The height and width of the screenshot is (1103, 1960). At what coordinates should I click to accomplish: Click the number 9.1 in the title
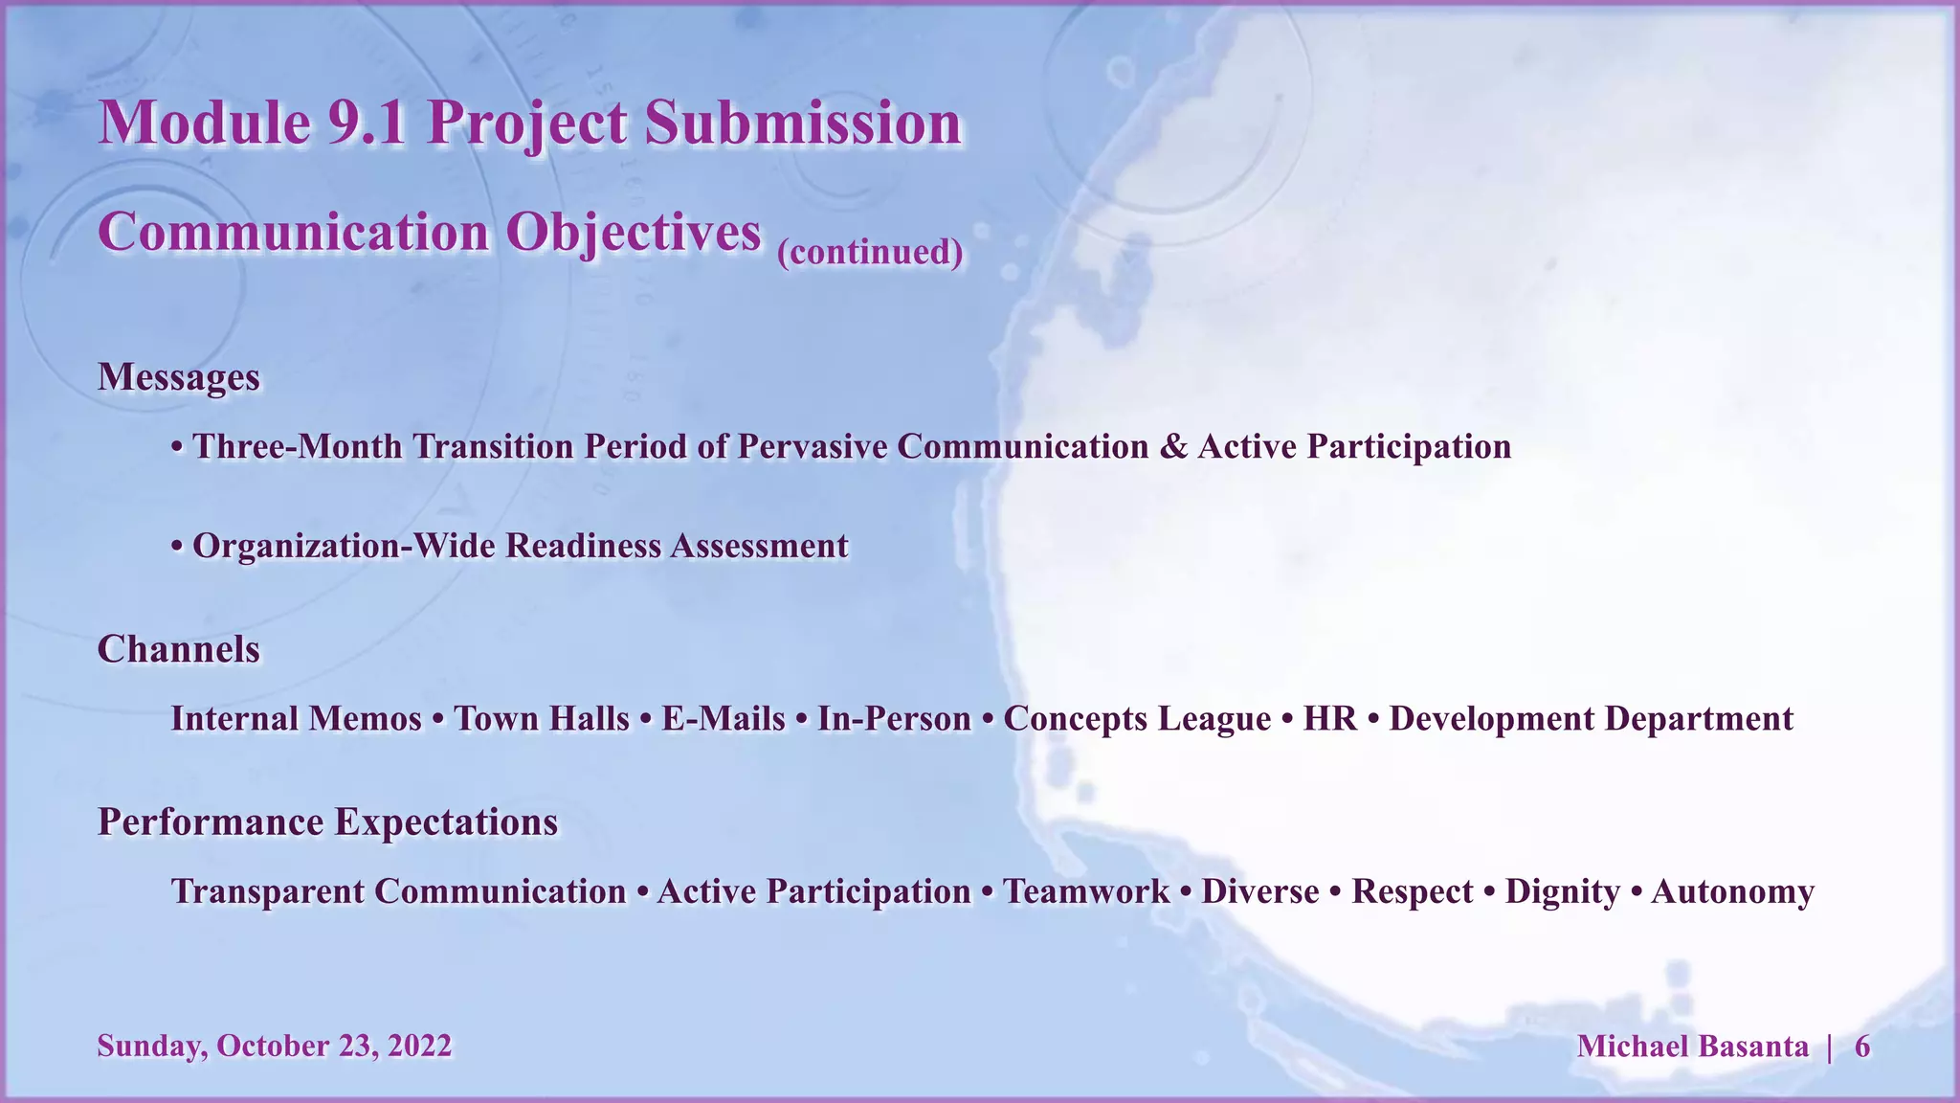tap(367, 124)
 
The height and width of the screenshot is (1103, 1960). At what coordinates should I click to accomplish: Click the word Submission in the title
tap(802, 124)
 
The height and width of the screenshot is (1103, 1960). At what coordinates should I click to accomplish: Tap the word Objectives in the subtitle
tap(633, 233)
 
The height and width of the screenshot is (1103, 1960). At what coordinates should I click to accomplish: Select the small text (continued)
tap(870, 252)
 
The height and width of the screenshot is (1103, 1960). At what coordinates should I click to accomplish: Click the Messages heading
tap(178, 377)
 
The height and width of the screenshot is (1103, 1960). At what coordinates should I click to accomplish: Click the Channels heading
tap(178, 650)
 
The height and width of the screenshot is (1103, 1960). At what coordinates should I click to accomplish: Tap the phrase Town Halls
tap(542, 719)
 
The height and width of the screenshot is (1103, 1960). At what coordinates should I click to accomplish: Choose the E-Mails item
tap(723, 719)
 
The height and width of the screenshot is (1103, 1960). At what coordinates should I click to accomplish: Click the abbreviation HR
tap(1329, 719)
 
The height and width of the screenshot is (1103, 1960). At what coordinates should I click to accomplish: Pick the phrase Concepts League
tap(1137, 719)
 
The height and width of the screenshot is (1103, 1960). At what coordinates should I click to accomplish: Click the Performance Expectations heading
tap(327, 822)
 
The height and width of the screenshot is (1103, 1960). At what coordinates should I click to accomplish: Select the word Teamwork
tap(1085, 892)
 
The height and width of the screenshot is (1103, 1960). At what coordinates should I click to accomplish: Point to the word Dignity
tap(1562, 892)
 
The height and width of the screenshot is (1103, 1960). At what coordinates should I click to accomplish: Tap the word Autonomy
tap(1732, 892)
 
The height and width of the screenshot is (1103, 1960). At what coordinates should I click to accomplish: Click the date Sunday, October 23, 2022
tap(274, 1047)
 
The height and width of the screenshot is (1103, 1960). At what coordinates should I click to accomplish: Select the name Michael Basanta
tap(1692, 1047)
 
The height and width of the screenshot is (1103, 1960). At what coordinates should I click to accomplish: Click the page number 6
tap(1861, 1047)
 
